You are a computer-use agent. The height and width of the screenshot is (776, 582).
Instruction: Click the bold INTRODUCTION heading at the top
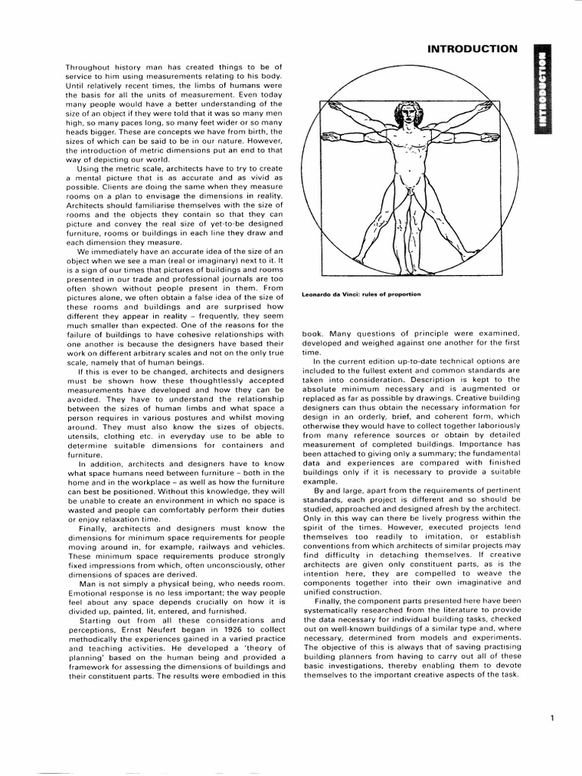[x=472, y=49]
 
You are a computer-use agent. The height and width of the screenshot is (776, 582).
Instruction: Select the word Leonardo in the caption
[x=319, y=294]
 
